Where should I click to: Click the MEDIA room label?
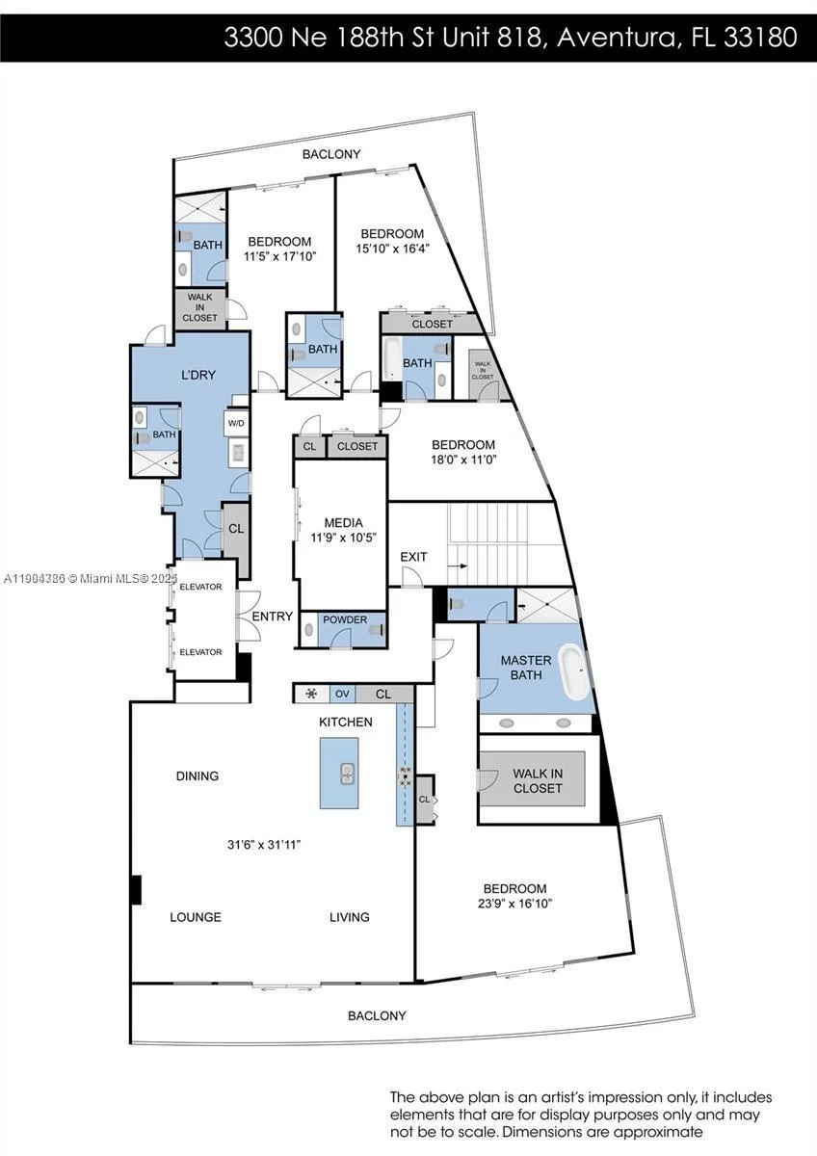pos(343,523)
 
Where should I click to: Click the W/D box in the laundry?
pos(236,423)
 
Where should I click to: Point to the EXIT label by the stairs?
pos(413,558)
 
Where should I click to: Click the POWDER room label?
pos(344,619)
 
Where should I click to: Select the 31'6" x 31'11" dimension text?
pos(264,845)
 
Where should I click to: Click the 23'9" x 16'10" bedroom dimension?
pos(514,904)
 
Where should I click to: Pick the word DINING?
pos(198,775)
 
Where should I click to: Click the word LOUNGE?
pos(196,917)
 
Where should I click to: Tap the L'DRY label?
pos(198,374)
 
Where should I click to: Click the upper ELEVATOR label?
pos(201,587)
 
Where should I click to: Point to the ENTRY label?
pos(273,617)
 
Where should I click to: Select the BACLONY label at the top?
pos(331,154)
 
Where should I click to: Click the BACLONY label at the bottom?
pos(377,1015)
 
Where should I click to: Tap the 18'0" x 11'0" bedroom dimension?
pos(463,460)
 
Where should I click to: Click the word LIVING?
pos(349,917)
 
